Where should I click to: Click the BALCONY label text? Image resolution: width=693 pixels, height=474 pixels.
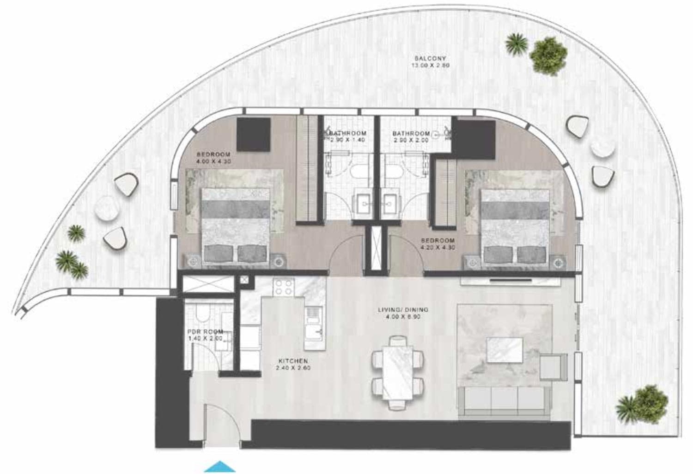tap(430, 59)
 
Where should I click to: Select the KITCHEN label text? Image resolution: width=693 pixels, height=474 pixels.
tap(293, 361)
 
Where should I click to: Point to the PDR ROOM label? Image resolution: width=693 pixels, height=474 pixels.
tap(205, 332)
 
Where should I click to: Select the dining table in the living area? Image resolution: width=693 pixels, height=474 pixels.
tap(398, 373)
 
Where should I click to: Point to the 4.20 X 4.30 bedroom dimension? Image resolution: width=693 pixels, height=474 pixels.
tap(438, 247)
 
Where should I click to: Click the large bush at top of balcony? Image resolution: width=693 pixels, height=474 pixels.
tap(548, 53)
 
